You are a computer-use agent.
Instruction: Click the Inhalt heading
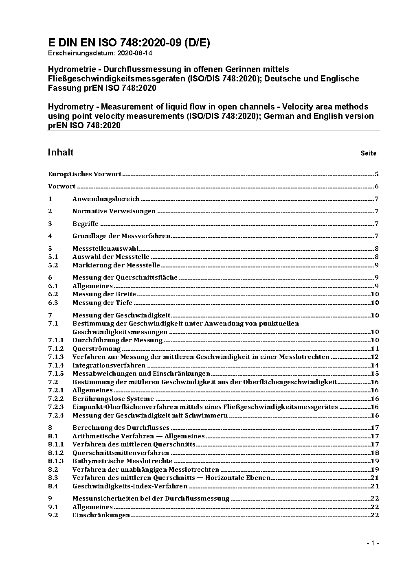click(x=61, y=152)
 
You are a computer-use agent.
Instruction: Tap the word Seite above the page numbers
click(x=368, y=153)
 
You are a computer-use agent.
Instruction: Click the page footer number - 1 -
click(x=373, y=543)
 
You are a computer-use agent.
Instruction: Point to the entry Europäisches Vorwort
click(x=85, y=174)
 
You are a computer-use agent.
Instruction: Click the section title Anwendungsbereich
click(x=106, y=199)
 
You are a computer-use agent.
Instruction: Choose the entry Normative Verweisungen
click(x=114, y=211)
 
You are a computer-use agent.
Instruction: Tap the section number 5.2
click(x=53, y=265)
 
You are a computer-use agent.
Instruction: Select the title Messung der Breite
click(x=104, y=294)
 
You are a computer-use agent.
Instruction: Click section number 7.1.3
click(x=56, y=357)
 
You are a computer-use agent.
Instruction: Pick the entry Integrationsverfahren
click(x=109, y=365)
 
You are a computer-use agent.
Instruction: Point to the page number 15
click(x=375, y=374)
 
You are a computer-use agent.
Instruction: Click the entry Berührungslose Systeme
click(x=113, y=399)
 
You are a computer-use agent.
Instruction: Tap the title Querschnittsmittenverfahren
click(x=121, y=453)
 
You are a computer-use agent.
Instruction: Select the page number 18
click(x=375, y=453)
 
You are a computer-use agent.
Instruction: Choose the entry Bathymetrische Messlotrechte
click(x=122, y=461)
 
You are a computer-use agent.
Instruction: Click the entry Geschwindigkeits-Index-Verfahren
click(x=130, y=486)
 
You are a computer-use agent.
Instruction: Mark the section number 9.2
click(x=53, y=515)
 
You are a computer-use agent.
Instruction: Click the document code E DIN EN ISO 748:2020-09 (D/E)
click(x=129, y=43)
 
